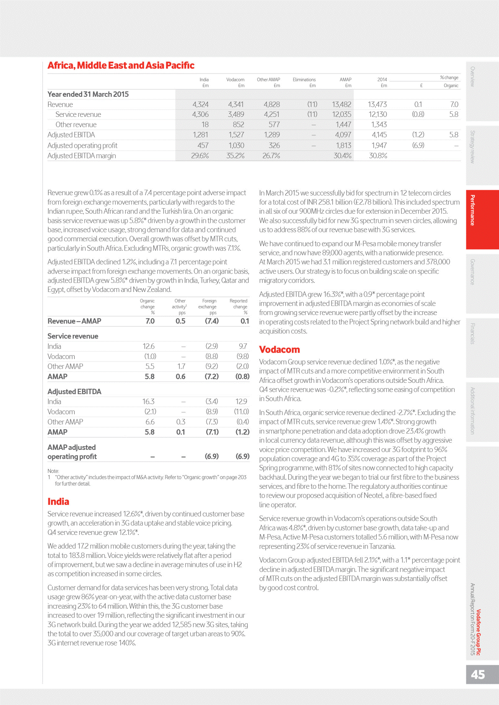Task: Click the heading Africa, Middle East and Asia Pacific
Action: pos(121,65)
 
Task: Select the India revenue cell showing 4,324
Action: pos(200,104)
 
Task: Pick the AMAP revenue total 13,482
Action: pos(341,104)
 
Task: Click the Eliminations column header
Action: pos(304,80)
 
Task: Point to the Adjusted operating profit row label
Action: pos(83,145)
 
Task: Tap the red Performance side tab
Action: pos(473,210)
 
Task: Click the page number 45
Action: pos(478,674)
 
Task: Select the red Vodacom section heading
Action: pos(279,349)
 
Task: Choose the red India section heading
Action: pos(58,501)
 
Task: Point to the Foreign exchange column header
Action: pos(209,304)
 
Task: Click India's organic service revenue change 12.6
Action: pos(149,346)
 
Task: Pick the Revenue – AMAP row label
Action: pos(74,321)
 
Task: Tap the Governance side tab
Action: pos(473,272)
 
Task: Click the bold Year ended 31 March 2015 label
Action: pos(88,94)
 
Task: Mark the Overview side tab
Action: pos(473,77)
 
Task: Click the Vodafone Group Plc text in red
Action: pos(478,633)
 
